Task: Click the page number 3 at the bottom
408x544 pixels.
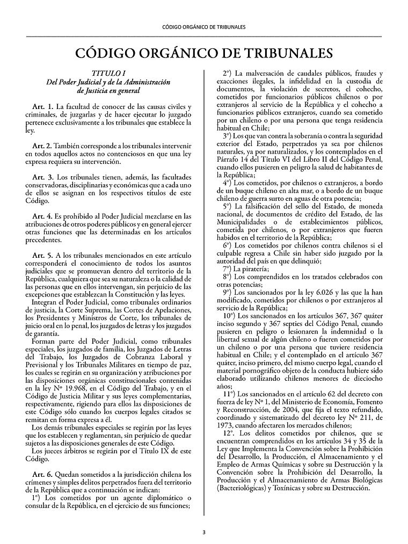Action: (x=204, y=532)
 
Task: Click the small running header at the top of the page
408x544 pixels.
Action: (x=204, y=26)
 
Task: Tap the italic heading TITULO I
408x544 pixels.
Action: (x=108, y=73)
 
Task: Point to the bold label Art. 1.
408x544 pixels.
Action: (x=43, y=107)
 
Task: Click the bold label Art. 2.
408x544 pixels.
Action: (x=43, y=146)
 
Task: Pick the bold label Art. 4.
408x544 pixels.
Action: (x=43, y=215)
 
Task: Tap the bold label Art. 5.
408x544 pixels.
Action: (x=43, y=255)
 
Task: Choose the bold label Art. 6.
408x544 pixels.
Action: (x=43, y=474)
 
